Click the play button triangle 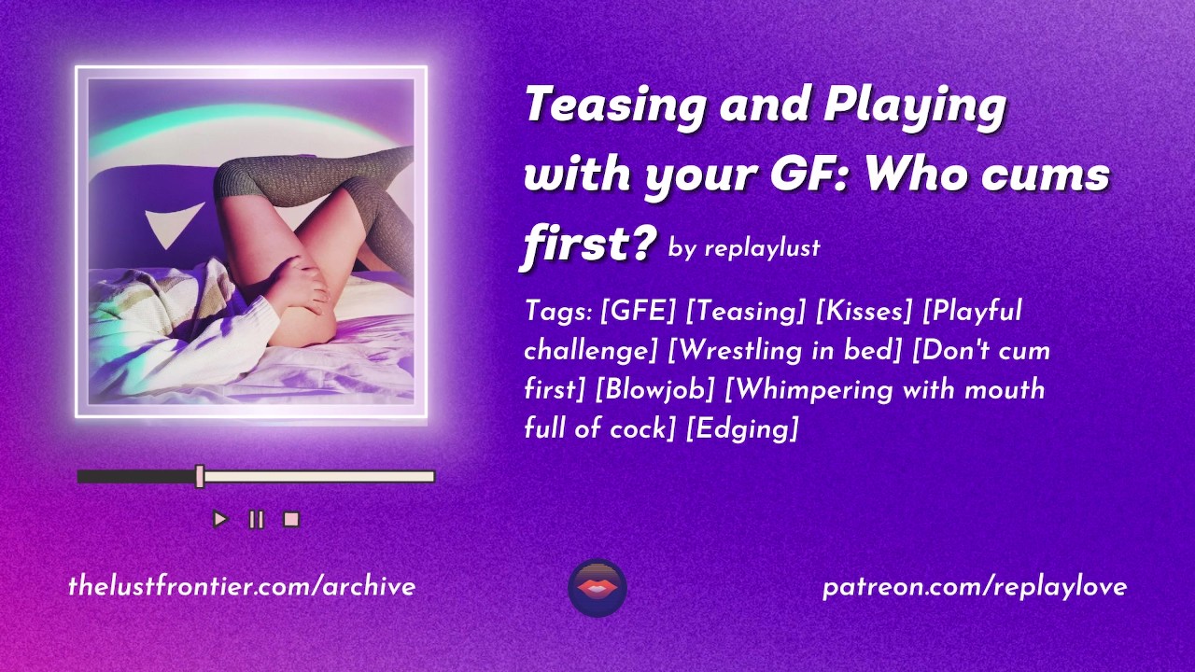tap(220, 519)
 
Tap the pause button tap(257, 519)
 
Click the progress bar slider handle tap(200, 476)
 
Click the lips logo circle tap(597, 588)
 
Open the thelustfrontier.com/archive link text tap(242, 587)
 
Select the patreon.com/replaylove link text tap(974, 588)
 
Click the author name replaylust tap(763, 248)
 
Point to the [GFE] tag tap(638, 311)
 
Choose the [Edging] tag tap(741, 428)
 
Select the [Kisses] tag tap(865, 311)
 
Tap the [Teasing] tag tap(745, 312)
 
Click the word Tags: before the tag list tap(558, 312)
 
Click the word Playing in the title tap(915, 106)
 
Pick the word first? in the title tap(589, 244)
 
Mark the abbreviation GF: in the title tap(806, 174)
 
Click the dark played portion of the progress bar tap(136, 476)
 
